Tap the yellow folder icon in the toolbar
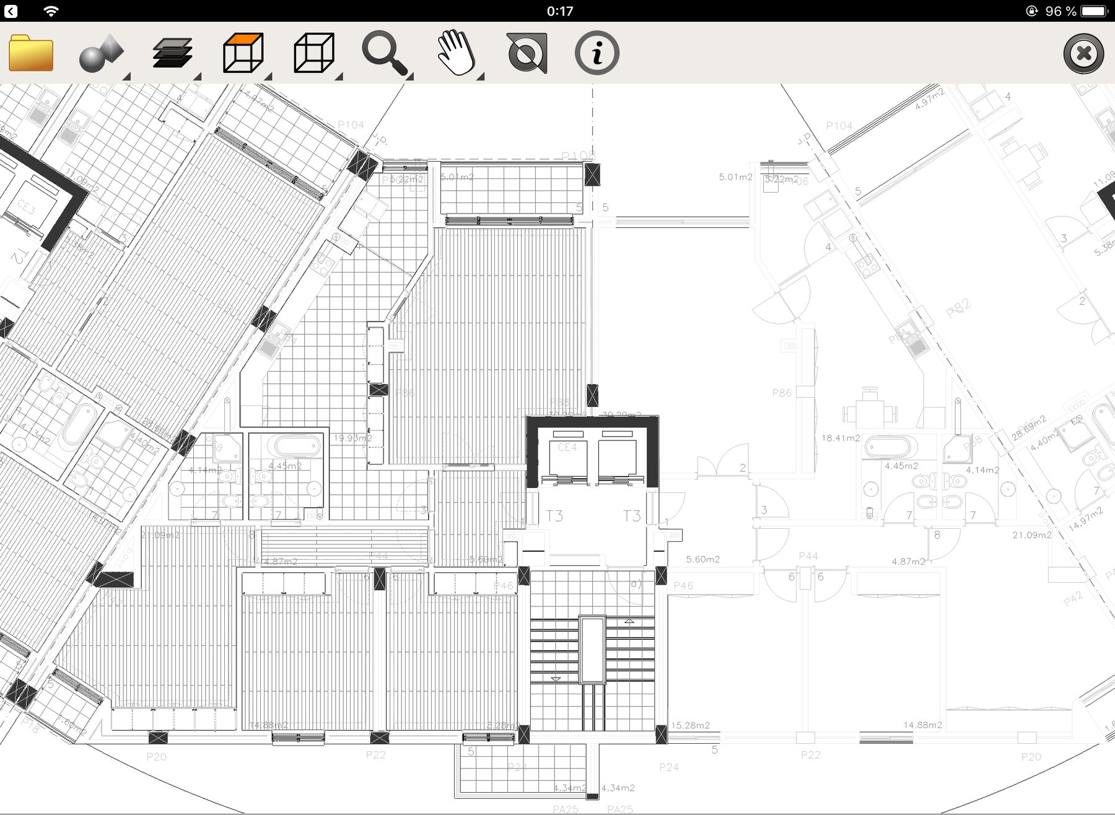point(31,53)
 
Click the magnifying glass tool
point(385,53)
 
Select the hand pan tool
point(457,53)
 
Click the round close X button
point(1083,54)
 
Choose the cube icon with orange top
point(243,53)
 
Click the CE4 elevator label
point(567,447)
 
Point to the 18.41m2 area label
point(840,438)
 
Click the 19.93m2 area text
point(352,438)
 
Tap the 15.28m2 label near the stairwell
point(690,725)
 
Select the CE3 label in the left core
point(27,206)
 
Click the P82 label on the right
point(958,308)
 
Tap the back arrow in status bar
point(11,11)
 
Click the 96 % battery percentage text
point(1060,11)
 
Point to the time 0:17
point(560,11)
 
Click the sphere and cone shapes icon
point(101,53)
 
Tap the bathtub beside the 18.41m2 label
point(890,447)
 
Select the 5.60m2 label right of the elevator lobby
point(702,559)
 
